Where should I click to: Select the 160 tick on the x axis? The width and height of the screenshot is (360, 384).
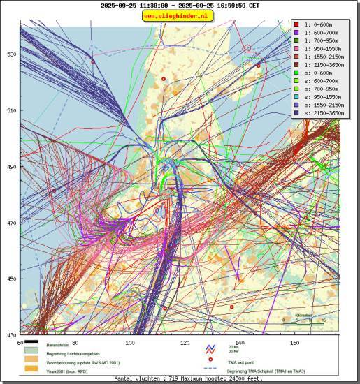pos(294,342)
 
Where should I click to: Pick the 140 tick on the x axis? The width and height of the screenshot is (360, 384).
pos(240,342)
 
